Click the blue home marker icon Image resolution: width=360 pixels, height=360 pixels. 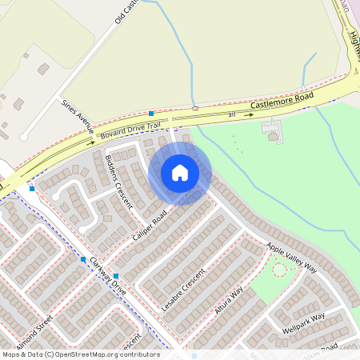pos(180,172)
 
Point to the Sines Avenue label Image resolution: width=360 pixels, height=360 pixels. pos(78,117)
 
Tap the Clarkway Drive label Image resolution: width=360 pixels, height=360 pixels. pos(108,276)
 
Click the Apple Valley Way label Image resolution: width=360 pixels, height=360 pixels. pos(292,258)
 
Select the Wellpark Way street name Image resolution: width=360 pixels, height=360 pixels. pos(303,323)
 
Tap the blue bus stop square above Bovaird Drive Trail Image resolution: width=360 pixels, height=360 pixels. pos(150,114)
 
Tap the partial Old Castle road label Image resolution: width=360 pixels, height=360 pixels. pos(126,11)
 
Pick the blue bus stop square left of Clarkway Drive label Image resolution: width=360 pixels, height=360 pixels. pos(82,259)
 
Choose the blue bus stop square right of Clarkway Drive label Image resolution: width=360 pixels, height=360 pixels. pos(116,275)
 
